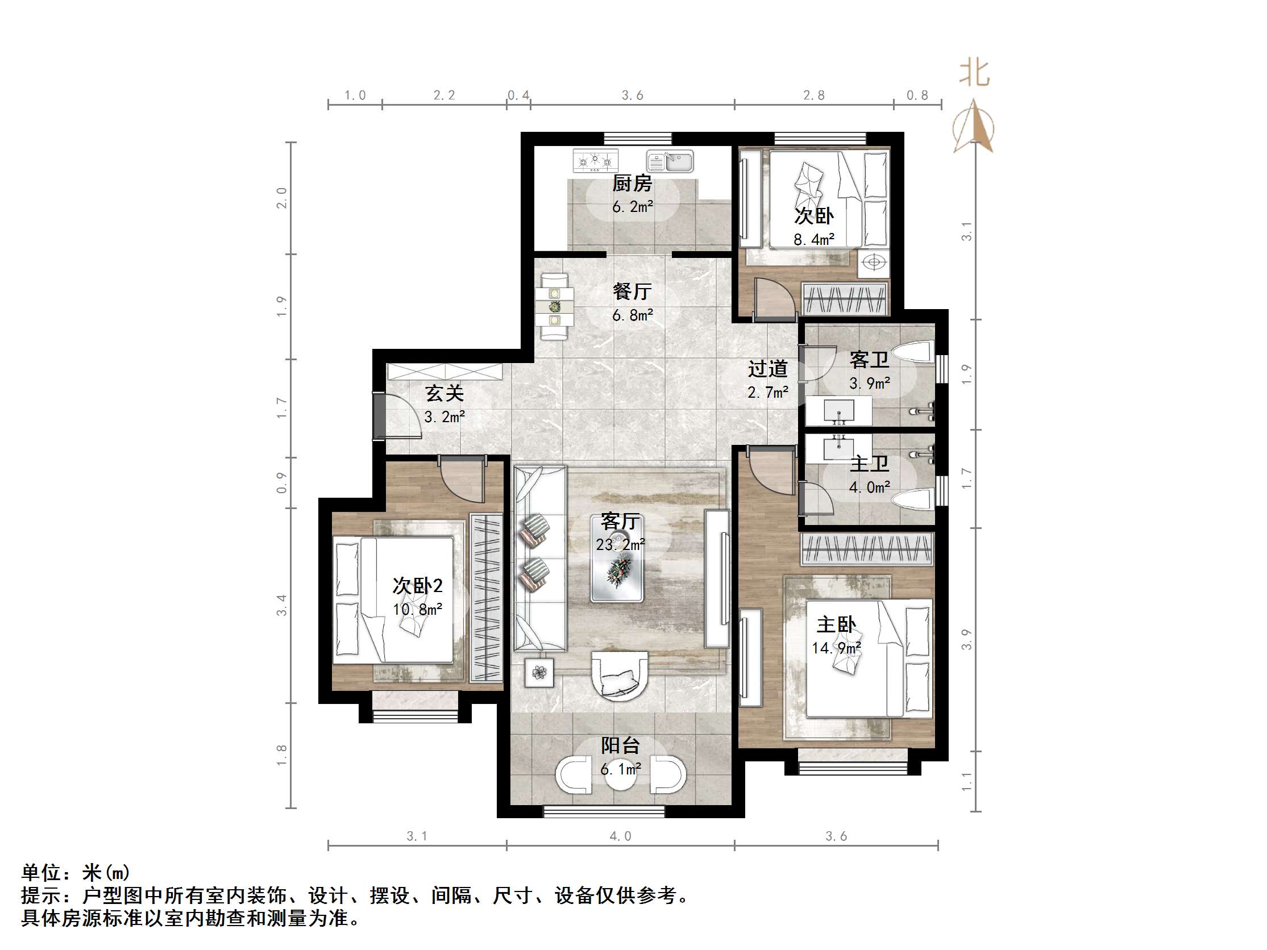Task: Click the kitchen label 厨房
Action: click(x=632, y=184)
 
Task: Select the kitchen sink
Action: click(x=670, y=161)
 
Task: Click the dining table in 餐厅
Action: click(x=554, y=307)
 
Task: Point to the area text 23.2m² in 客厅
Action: click(x=620, y=544)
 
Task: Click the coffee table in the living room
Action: click(x=617, y=566)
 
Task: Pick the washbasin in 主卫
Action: click(x=839, y=447)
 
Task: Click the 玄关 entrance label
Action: click(x=444, y=393)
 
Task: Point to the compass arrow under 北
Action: click(x=974, y=127)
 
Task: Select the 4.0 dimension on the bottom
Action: click(x=620, y=836)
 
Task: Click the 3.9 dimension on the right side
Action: click(x=966, y=640)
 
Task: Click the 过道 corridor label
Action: click(x=767, y=369)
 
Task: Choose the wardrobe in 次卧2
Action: click(x=486, y=598)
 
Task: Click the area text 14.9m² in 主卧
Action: click(x=836, y=648)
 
